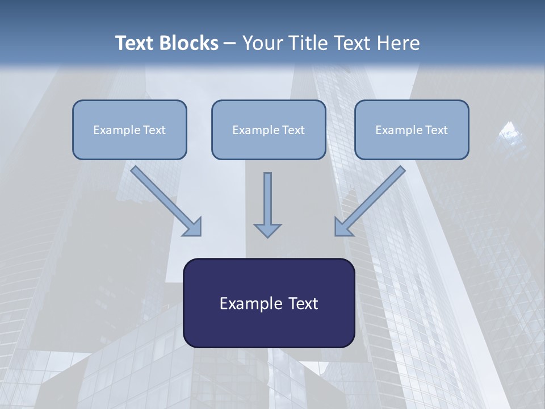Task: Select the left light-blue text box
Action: tap(129, 130)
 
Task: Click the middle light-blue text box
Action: tap(269, 130)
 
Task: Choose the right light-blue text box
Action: tap(412, 130)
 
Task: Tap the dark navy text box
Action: tap(269, 303)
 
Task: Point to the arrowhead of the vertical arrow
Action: tap(267, 230)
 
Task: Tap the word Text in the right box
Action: tap(436, 130)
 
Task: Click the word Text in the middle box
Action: tap(293, 130)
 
